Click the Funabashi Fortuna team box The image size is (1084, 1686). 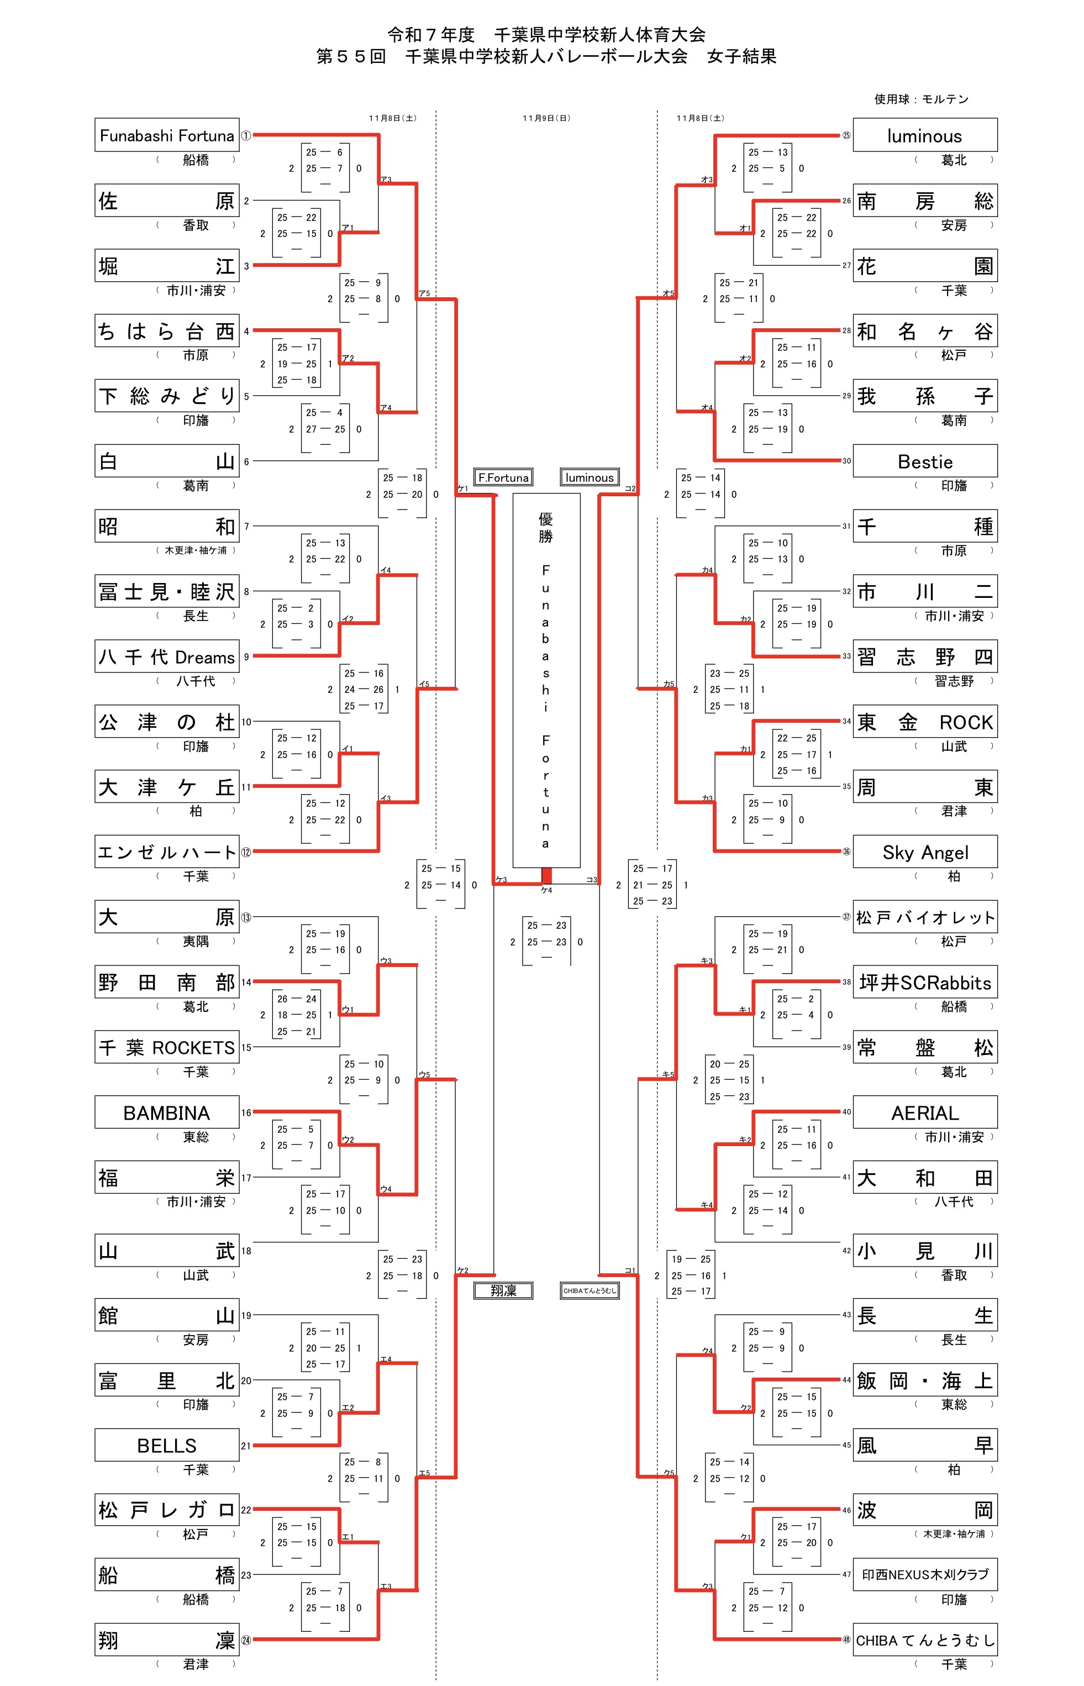click(167, 135)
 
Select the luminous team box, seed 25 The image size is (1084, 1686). click(925, 135)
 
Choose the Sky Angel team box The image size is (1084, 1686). click(925, 852)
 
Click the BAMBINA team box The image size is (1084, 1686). click(167, 1112)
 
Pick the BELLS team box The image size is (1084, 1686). click(167, 1445)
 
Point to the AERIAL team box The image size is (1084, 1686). click(925, 1112)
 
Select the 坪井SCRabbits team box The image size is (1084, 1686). click(925, 982)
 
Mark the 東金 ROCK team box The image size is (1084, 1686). click(925, 722)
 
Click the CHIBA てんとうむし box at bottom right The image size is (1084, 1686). click(925, 1640)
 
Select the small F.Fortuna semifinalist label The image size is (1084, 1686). click(503, 477)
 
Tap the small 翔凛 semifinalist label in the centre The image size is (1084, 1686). click(503, 1290)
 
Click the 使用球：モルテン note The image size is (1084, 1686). click(920, 99)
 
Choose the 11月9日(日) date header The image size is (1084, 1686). click(546, 118)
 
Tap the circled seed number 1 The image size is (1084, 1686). click(246, 135)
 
